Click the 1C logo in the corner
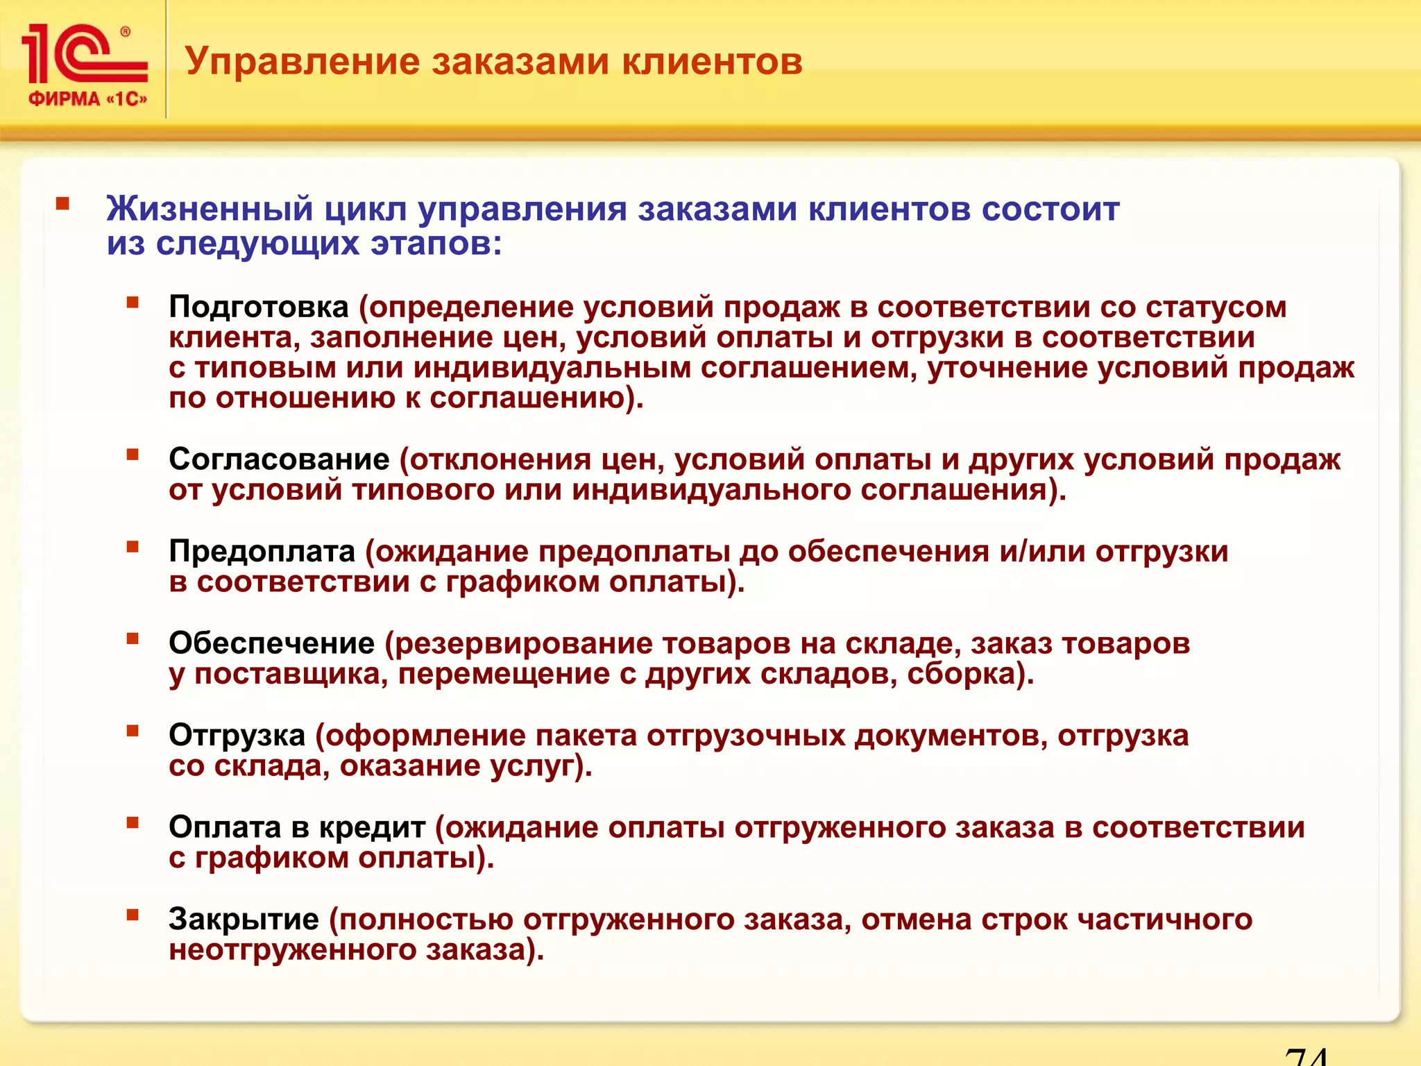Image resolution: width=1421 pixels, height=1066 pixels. click(85, 54)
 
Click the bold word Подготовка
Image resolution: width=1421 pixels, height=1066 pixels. click(258, 307)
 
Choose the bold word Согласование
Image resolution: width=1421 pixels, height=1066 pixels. click(279, 459)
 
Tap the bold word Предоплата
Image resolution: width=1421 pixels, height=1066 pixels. click(262, 552)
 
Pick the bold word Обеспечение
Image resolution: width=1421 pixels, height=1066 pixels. click(271, 643)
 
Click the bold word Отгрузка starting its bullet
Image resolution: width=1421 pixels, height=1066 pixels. click(237, 736)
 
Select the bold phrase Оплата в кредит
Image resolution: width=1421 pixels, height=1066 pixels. click(296, 827)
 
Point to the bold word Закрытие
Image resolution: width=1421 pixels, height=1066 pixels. click(244, 920)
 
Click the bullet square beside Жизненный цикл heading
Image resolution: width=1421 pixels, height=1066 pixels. click(63, 204)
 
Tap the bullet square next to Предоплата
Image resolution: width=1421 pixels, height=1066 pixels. click(133, 547)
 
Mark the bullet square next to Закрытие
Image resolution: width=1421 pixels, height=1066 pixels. click(133, 915)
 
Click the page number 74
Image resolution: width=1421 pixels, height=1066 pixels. click(1306, 1056)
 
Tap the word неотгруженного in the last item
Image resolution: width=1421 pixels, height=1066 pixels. click(292, 950)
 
